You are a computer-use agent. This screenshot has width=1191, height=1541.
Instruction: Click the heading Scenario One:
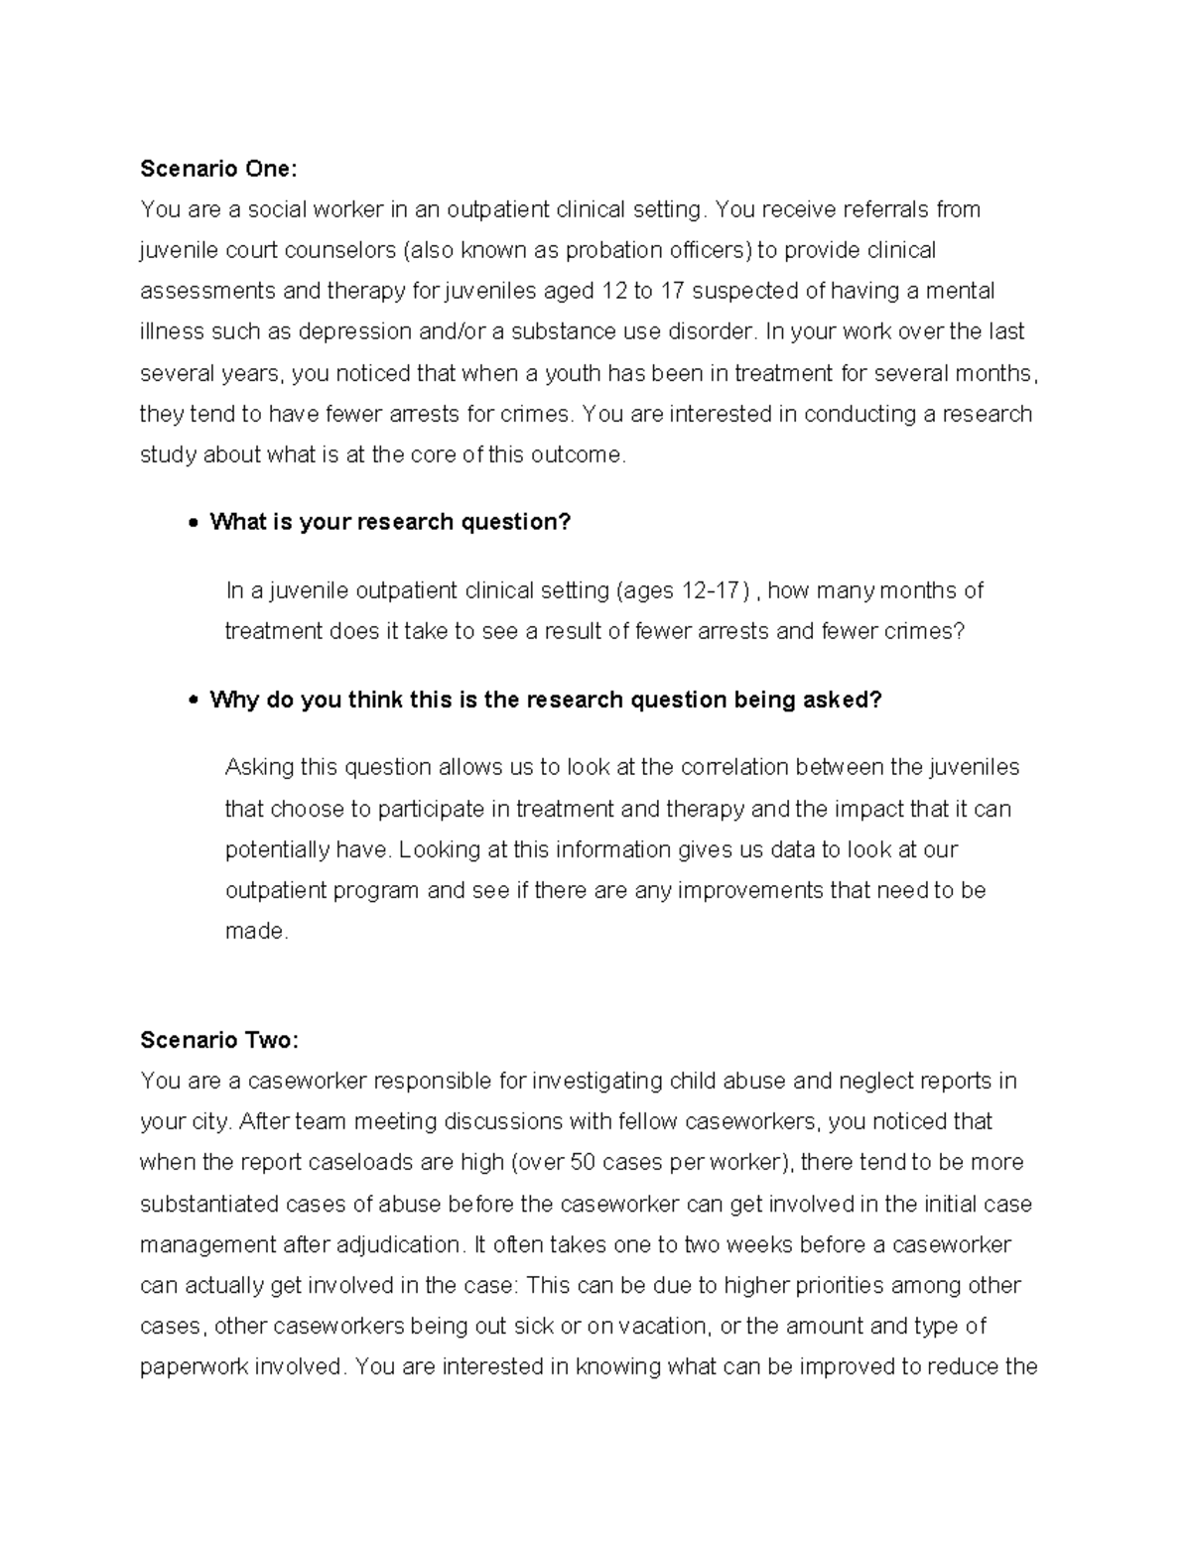(218, 169)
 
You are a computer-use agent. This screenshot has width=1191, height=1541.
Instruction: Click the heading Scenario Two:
(218, 1040)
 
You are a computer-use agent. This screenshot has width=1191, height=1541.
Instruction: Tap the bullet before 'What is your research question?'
(194, 523)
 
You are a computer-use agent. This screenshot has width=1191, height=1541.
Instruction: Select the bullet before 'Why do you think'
(194, 701)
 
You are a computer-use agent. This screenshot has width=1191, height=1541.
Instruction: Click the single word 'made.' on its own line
(256, 931)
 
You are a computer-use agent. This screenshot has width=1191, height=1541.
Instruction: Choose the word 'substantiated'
(209, 1204)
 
